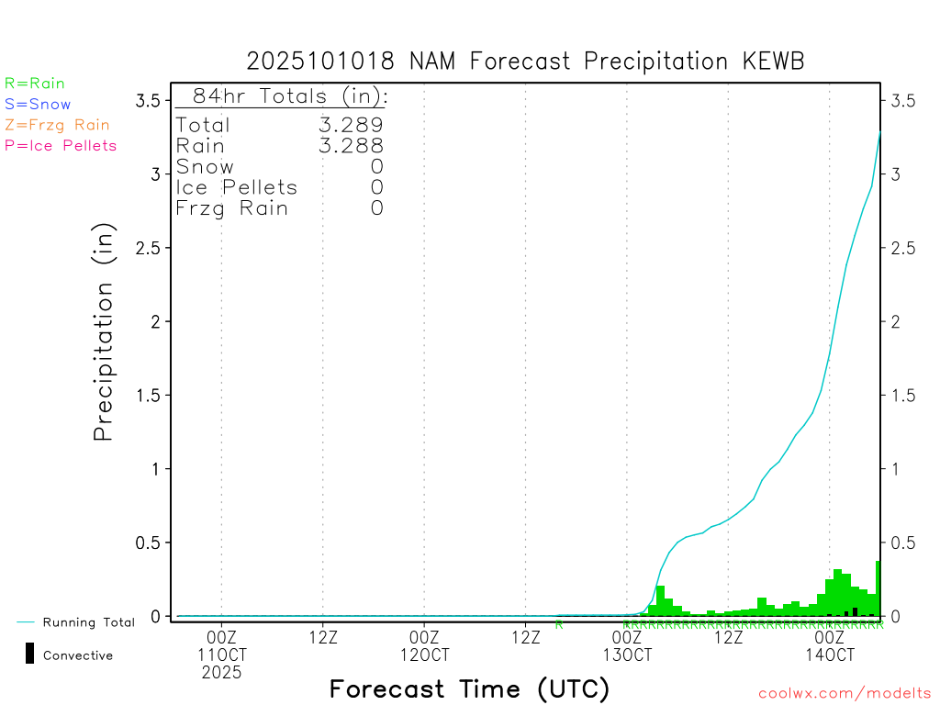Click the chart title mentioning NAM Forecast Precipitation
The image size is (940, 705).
click(x=525, y=62)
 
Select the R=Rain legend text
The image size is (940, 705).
click(x=35, y=84)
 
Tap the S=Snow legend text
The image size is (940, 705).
click(x=38, y=105)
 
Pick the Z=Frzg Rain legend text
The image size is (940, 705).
click(x=57, y=125)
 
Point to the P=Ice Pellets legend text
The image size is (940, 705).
click(x=61, y=145)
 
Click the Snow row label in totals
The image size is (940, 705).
click(x=205, y=166)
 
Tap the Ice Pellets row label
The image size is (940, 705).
click(x=237, y=187)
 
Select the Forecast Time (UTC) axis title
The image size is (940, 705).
click(x=469, y=688)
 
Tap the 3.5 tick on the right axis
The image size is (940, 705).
click(x=903, y=100)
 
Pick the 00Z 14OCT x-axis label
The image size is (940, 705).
click(x=830, y=646)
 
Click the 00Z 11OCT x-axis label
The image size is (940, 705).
click(x=222, y=646)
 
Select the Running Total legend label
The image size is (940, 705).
click(x=88, y=622)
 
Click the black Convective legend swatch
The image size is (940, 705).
click(x=29, y=654)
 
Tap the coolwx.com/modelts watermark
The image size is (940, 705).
click(x=845, y=694)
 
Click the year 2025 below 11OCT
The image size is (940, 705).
click(x=222, y=673)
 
